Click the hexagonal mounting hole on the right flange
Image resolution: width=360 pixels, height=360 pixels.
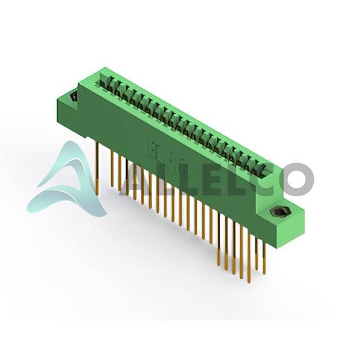[x=278, y=212]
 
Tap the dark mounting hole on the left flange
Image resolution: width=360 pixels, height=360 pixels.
[x=74, y=96]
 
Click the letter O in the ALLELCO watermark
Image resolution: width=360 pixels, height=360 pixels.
[x=296, y=179]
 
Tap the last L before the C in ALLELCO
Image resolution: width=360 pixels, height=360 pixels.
[x=234, y=179]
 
